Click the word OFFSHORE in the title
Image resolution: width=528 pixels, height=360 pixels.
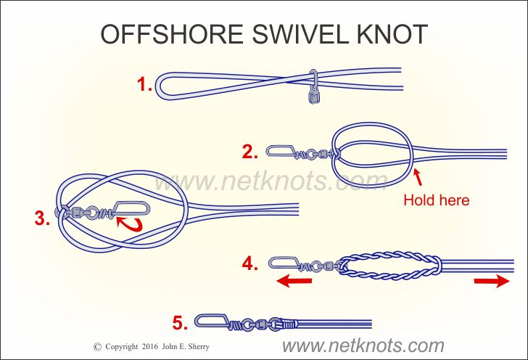[x=172, y=34]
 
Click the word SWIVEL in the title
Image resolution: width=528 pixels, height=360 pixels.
[x=300, y=34]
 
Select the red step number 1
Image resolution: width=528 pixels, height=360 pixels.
[x=144, y=84]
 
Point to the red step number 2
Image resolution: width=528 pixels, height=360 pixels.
[x=249, y=152]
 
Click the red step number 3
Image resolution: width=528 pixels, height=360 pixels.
[x=42, y=218]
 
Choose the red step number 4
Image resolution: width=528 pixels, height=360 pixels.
[x=249, y=263]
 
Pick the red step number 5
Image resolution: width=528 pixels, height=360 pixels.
[x=180, y=323]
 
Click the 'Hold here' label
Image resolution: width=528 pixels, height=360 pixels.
[x=437, y=200]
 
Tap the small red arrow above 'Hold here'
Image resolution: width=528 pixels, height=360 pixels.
[x=418, y=177]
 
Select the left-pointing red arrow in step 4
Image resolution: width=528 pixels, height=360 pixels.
[x=294, y=280]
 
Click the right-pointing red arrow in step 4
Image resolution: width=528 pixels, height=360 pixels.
[x=492, y=281]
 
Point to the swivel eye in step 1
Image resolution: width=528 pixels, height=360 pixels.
[x=314, y=86]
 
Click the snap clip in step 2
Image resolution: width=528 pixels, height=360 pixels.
[x=280, y=151]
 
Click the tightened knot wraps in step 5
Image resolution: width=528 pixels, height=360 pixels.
[x=289, y=324]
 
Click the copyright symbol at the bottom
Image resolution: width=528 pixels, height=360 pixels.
[x=97, y=347]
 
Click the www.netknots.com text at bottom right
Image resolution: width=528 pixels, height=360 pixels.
[x=363, y=345]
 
